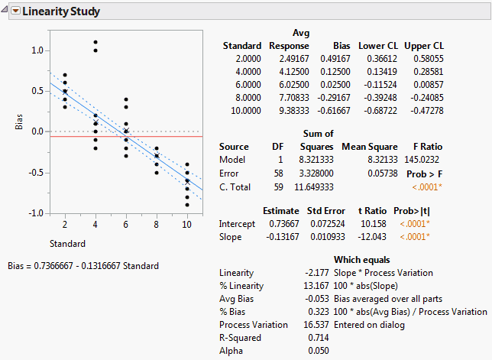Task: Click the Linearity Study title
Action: [x=62, y=12]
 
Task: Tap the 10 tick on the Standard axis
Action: [x=186, y=224]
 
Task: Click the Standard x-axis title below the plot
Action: [x=67, y=244]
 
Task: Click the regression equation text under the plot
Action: [x=83, y=266]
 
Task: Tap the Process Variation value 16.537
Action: [x=316, y=324]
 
